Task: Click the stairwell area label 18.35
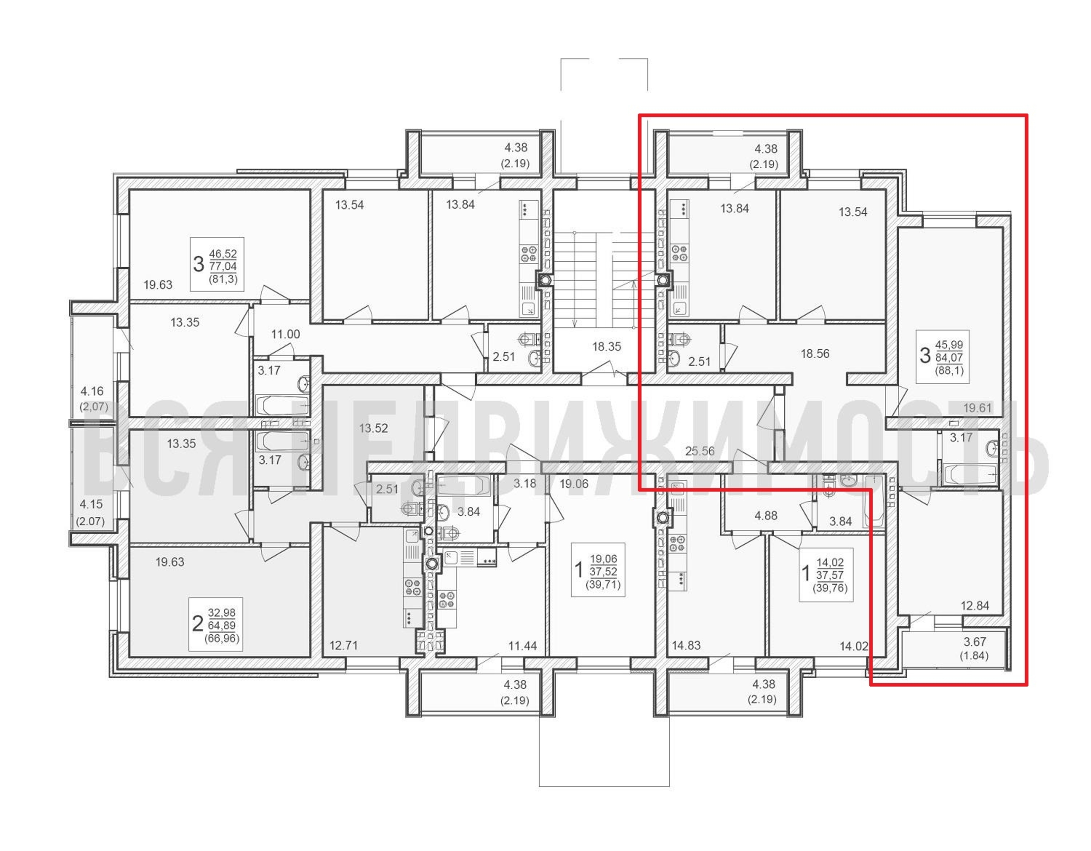[x=606, y=347]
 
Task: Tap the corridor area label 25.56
[x=700, y=451]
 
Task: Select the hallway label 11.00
[x=286, y=334]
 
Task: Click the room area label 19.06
[x=574, y=484]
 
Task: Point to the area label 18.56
[x=815, y=354]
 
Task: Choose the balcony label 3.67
[x=974, y=642]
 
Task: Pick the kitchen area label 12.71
[x=344, y=646]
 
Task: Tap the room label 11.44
[x=523, y=646]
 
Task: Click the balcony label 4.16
[x=92, y=391]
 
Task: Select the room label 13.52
[x=374, y=428]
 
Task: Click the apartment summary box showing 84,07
[x=942, y=357]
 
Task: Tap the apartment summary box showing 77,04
[x=217, y=264]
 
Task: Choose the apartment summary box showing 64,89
[x=216, y=624]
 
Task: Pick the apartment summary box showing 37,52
[x=598, y=570]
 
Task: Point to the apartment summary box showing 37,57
[x=827, y=575]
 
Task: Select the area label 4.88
[x=766, y=516]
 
